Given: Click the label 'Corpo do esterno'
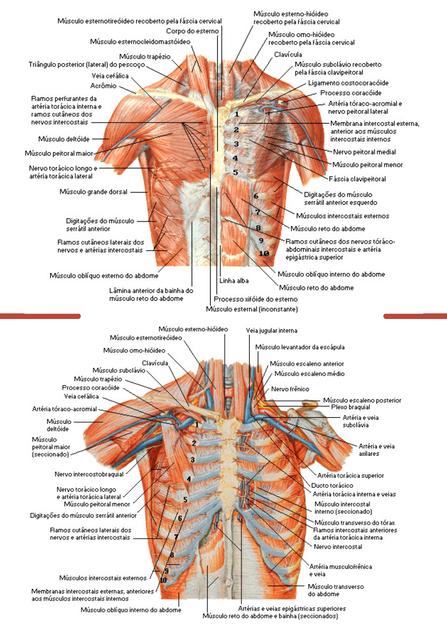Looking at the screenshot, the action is (x=192, y=31).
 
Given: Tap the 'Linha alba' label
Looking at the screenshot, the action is (x=234, y=281).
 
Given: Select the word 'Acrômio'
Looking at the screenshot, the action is (x=104, y=86).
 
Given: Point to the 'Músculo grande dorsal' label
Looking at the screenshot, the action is (x=93, y=192).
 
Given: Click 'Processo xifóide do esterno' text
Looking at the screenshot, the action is (x=256, y=299).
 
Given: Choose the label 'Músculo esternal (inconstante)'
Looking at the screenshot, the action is (x=252, y=309).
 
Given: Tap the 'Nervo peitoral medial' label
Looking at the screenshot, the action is (x=364, y=152).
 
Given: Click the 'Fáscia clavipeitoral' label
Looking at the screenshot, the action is (x=357, y=179).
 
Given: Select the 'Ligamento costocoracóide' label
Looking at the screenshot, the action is (x=348, y=83).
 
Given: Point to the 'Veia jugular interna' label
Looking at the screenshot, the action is (x=272, y=331).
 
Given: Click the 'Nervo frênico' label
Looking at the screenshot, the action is (x=290, y=389).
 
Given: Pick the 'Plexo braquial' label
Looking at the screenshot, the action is (x=351, y=407).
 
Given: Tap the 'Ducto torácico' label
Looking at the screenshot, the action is (x=332, y=485).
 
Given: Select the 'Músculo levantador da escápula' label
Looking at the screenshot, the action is (x=300, y=347).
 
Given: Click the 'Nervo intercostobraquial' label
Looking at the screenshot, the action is (x=89, y=474).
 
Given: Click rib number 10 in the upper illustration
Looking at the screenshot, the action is (x=264, y=253).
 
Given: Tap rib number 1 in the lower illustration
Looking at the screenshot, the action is (x=197, y=425).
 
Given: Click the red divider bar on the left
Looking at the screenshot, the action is (x=40, y=316).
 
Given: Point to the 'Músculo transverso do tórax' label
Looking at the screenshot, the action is (x=355, y=522).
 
